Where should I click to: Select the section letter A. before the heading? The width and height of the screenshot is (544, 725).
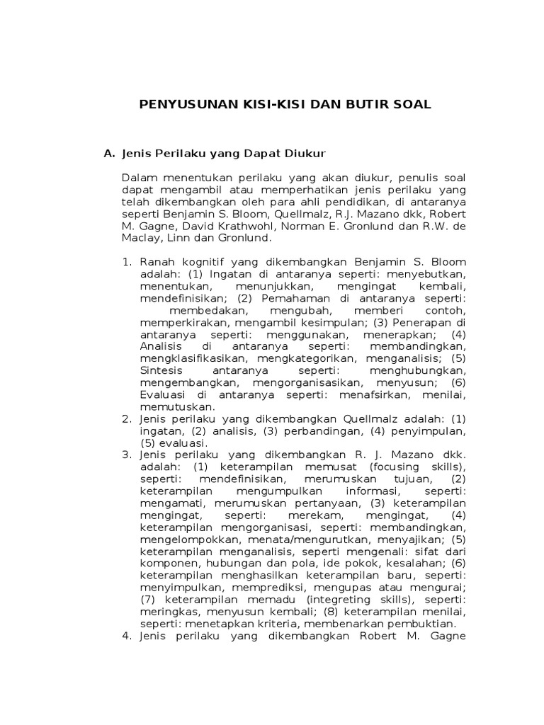pos(109,152)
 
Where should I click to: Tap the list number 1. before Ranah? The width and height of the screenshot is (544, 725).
pos(128,262)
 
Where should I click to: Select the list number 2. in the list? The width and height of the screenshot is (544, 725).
pos(128,419)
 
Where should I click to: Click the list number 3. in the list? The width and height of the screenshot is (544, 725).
pos(128,455)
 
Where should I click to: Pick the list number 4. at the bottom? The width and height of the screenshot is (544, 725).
pos(128,637)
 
